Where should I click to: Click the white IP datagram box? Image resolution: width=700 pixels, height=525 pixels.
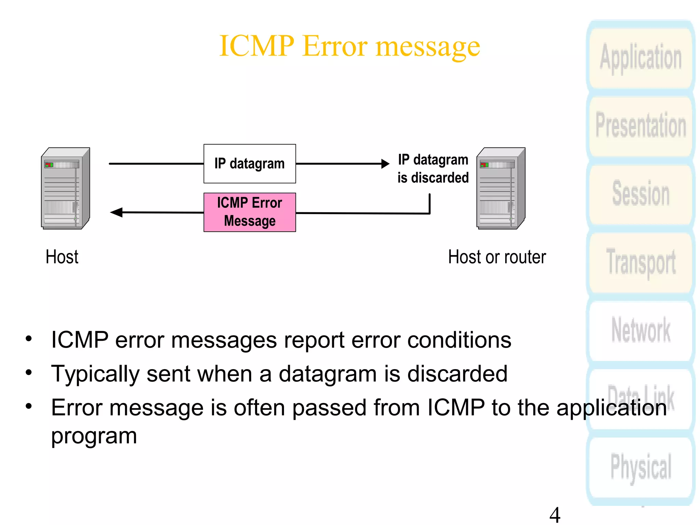[250, 164]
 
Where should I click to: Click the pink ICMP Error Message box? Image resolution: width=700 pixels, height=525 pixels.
[250, 212]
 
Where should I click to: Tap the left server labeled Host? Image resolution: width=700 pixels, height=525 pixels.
[65, 188]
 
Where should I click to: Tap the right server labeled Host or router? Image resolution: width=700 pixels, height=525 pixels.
[501, 188]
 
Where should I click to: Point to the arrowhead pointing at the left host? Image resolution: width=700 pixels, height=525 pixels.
[117, 212]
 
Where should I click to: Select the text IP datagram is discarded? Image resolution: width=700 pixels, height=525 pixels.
[433, 169]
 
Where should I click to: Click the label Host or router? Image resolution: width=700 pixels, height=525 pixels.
[497, 257]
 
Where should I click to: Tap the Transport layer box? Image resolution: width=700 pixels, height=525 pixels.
[641, 261]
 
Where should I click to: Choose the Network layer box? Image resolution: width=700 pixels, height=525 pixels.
[641, 330]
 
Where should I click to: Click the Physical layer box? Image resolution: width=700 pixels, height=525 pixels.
[641, 467]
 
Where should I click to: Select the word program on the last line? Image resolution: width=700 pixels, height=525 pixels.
[94, 436]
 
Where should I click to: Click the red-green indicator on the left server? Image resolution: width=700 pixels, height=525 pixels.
[49, 165]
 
